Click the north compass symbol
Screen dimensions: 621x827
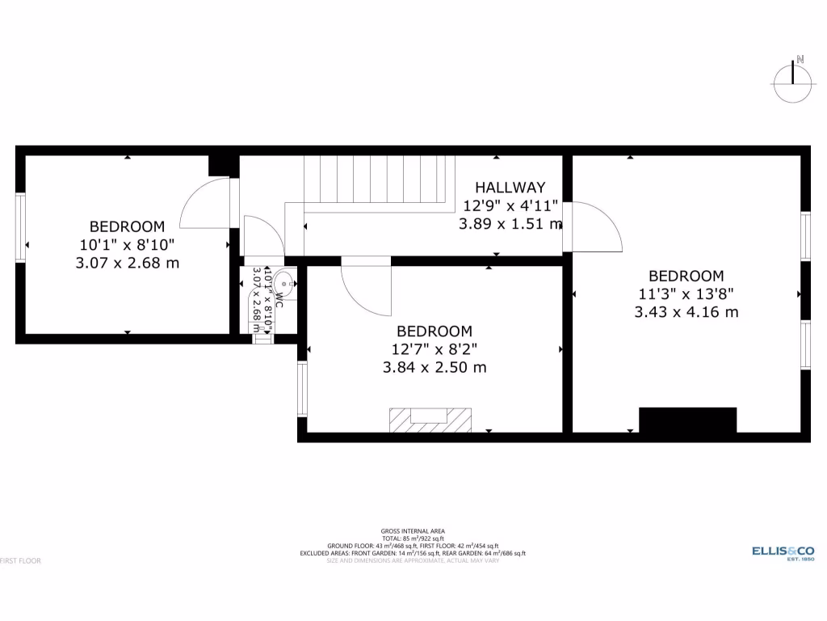[x=792, y=82]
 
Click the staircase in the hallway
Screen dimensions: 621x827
[x=375, y=180]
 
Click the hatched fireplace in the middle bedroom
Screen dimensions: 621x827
[x=430, y=420]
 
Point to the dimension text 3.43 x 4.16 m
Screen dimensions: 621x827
[x=686, y=312]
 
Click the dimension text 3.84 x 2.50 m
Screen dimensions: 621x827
[x=434, y=367]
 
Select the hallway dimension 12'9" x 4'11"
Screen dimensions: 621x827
[x=510, y=205]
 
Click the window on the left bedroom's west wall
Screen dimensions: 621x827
[x=20, y=227]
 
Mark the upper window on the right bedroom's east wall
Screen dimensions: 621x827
[x=805, y=236]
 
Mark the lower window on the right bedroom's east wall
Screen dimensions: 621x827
[x=805, y=344]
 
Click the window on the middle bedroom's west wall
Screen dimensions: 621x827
[x=302, y=389]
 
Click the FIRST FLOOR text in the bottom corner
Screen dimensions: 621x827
[x=21, y=560]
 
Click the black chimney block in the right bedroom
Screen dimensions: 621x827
[x=687, y=420]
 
